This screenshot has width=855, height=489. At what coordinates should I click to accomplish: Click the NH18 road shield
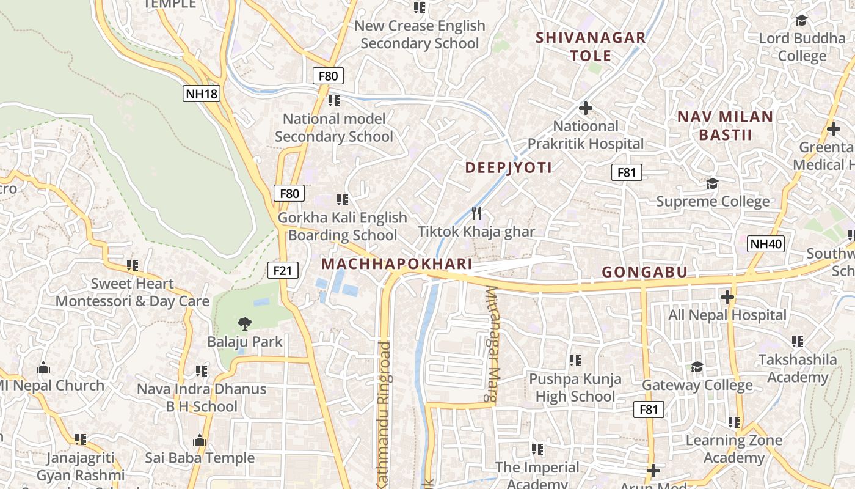coord(201,94)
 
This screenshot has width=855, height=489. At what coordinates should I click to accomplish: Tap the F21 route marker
coord(283,270)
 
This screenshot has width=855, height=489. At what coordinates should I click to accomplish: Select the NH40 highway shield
coord(766,244)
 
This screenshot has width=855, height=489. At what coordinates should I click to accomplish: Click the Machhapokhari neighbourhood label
coord(397,263)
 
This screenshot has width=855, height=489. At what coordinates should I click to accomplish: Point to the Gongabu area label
coord(645,272)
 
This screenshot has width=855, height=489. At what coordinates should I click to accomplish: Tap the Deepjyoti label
coord(509,167)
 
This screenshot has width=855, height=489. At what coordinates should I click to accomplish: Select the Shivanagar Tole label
coord(591,46)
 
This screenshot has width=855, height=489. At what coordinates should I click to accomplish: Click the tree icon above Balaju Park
coord(245,323)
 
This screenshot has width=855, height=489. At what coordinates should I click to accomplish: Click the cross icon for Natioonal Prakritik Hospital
coord(586,108)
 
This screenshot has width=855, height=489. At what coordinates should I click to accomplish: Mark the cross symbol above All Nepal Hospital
coord(727,298)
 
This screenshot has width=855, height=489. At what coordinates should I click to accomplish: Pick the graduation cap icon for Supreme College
coord(712,183)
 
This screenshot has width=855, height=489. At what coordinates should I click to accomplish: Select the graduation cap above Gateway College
coord(697,367)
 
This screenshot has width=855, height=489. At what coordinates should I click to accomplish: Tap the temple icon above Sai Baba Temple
coord(199,440)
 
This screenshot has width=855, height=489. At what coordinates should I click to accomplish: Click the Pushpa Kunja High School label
coord(575,388)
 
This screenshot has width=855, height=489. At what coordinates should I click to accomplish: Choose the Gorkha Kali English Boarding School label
coord(343,226)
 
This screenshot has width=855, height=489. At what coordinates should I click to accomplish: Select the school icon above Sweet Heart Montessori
coord(133,265)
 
